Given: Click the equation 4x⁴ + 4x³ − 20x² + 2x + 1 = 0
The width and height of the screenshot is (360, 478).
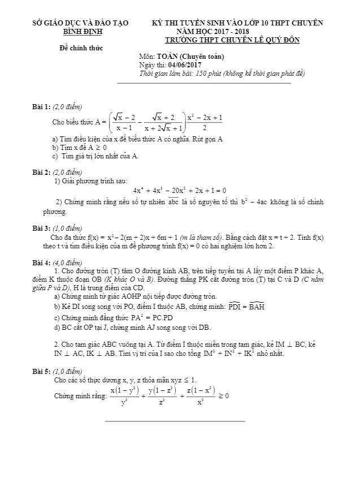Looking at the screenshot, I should (x=180, y=190).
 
